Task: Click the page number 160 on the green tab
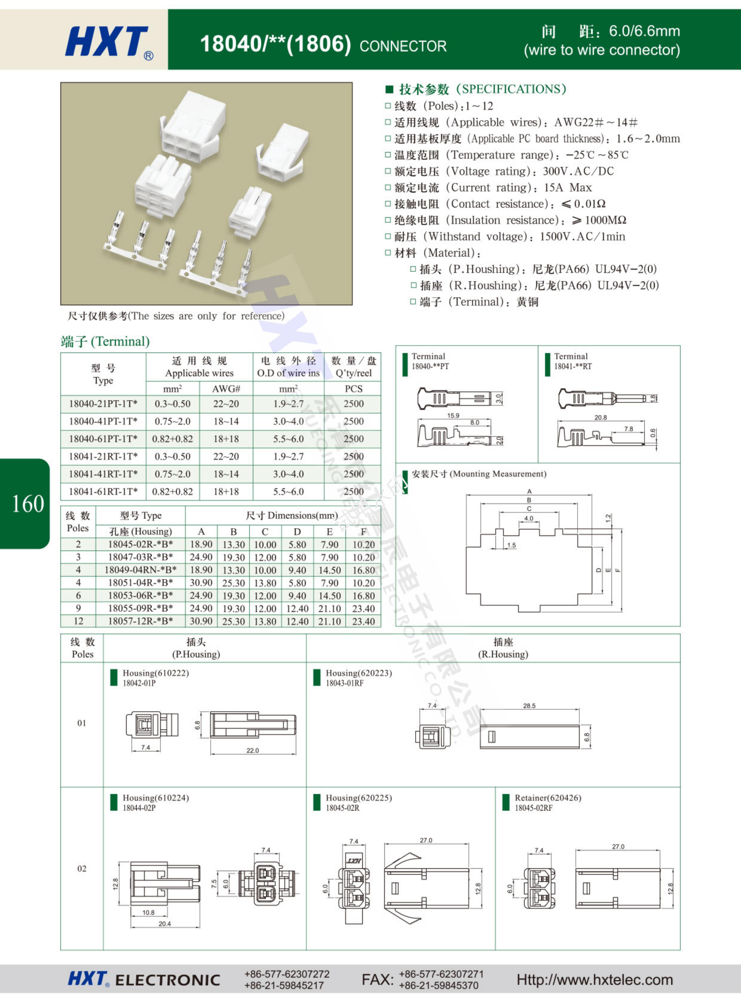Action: click(28, 504)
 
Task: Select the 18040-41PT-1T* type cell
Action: click(103, 421)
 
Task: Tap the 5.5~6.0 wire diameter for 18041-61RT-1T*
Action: click(288, 492)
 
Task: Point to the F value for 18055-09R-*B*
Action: click(363, 608)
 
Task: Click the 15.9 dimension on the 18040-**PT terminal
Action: click(453, 415)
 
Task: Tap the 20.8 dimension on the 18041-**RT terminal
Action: click(601, 417)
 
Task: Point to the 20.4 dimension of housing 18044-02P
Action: click(165, 923)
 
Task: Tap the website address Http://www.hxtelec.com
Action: click(595, 980)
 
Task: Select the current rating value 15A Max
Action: click(568, 188)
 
